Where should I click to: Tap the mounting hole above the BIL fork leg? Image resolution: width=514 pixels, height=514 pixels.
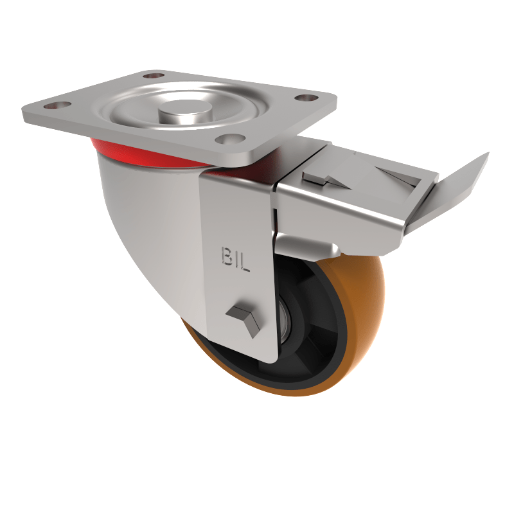tap(231, 138)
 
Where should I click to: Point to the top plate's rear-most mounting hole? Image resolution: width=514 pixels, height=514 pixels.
tap(152, 76)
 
